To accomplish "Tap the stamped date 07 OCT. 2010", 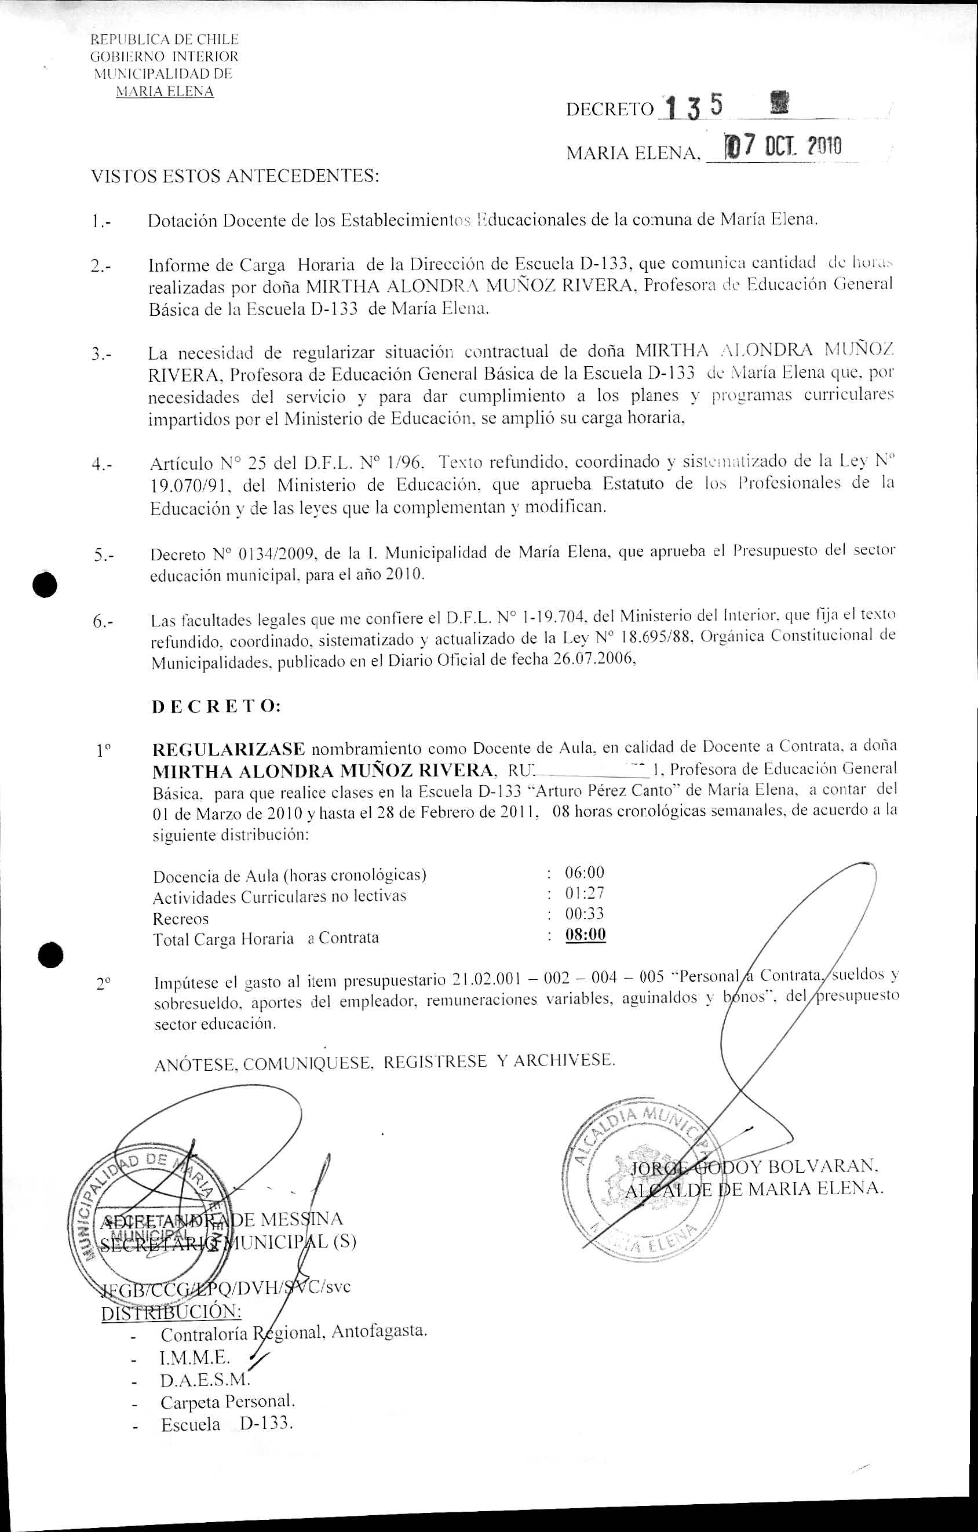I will pos(777,147).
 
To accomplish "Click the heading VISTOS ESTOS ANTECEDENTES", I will pos(235,176).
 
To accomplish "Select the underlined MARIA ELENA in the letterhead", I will pos(164,92).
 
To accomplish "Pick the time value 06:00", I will pos(584,871).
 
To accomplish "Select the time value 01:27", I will pos(584,893).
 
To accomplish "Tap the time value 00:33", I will pos(584,914).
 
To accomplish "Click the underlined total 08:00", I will pos(585,935).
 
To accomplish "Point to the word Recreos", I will pos(181,919).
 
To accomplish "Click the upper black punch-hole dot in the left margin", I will pos(47,584).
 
